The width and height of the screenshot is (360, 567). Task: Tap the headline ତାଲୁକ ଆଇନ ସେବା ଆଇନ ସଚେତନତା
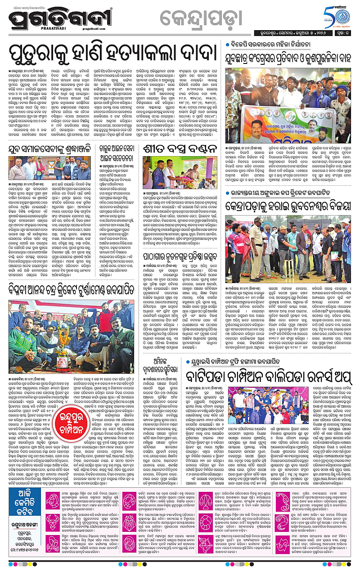pos(117,152)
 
